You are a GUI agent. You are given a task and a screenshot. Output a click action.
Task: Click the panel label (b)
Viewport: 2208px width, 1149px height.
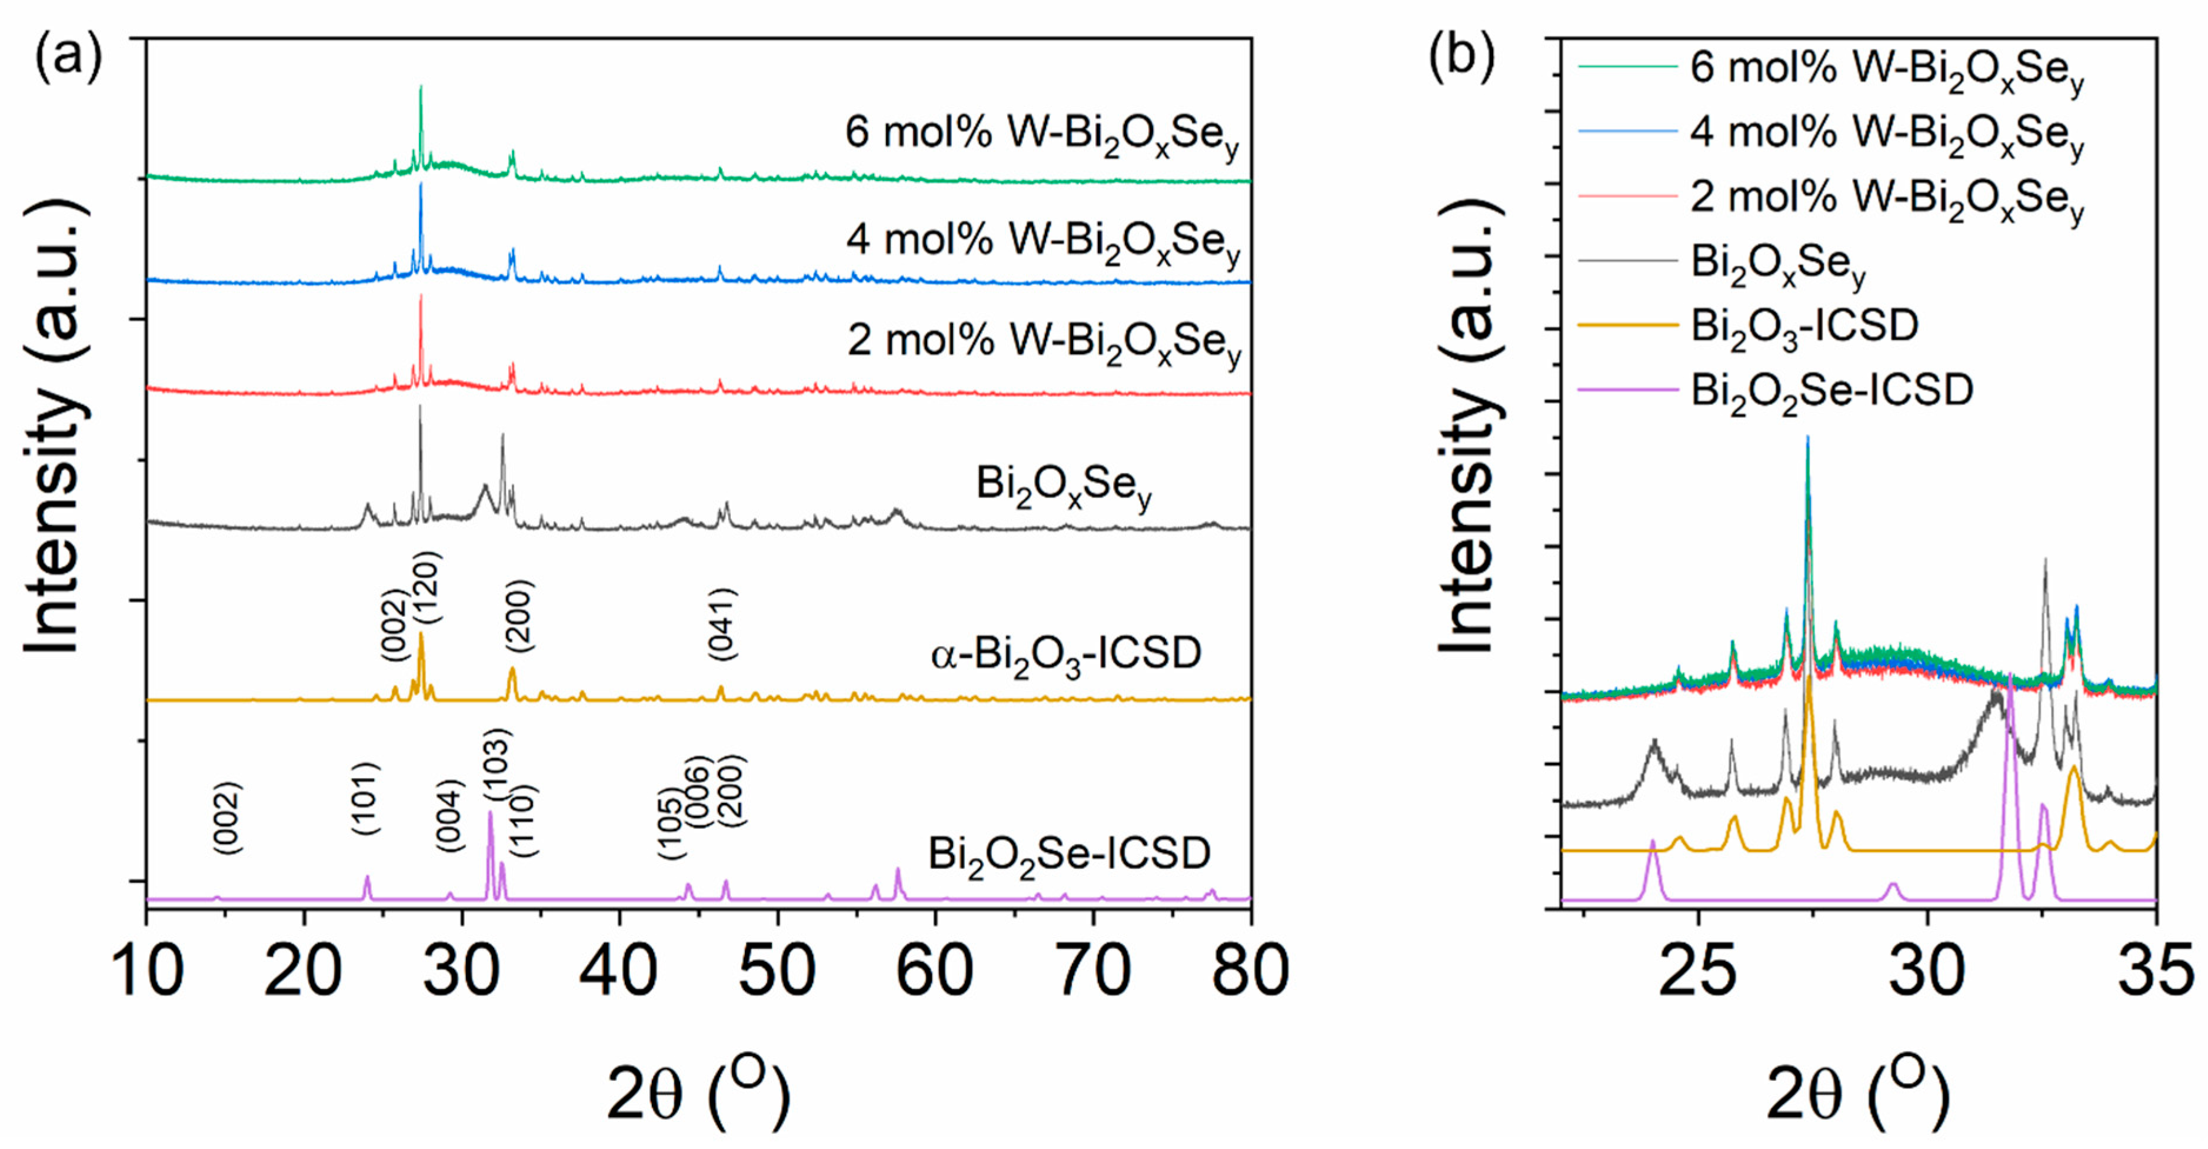(1461, 58)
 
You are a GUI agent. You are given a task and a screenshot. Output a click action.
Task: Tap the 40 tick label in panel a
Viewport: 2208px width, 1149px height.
(620, 971)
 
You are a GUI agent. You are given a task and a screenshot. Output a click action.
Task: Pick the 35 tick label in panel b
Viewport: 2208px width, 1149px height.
(2155, 971)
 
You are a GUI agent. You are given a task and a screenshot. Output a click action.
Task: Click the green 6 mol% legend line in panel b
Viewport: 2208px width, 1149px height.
(1627, 66)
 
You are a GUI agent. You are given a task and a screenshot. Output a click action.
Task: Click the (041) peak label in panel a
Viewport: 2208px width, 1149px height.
(722, 624)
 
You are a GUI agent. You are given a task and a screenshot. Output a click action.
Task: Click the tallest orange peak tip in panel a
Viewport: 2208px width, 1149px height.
(421, 635)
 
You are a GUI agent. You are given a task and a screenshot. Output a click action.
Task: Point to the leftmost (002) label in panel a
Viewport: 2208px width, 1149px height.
(227, 817)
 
